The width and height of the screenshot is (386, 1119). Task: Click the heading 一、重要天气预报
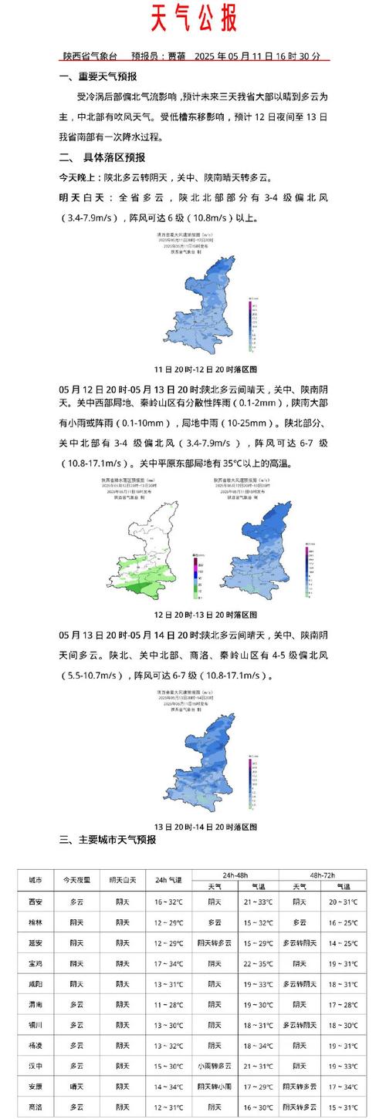coord(98,76)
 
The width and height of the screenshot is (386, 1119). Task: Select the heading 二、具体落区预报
coord(102,157)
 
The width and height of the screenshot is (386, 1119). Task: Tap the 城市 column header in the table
coord(36,880)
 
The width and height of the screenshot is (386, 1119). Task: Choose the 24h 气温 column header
coord(168,880)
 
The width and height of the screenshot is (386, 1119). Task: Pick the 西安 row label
coord(36,901)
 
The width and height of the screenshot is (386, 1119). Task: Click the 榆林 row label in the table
coord(36,922)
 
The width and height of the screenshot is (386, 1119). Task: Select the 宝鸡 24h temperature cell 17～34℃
coord(168,962)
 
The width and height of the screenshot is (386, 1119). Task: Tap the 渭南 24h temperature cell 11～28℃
coord(168,1004)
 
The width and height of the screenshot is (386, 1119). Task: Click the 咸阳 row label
coord(36,983)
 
